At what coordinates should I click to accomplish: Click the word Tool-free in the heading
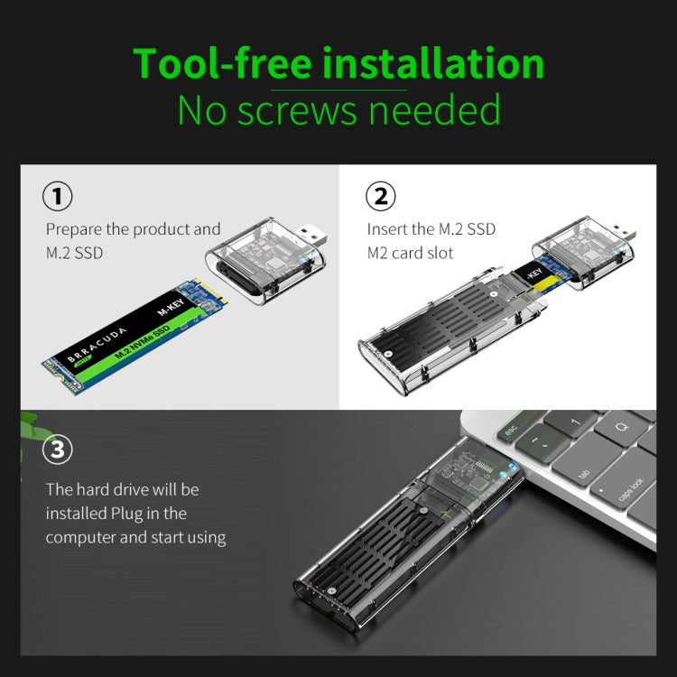222,64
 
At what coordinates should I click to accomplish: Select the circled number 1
58,196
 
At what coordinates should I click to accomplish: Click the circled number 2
380,196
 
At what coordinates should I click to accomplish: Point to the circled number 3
58,449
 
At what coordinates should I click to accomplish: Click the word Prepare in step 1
74,230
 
